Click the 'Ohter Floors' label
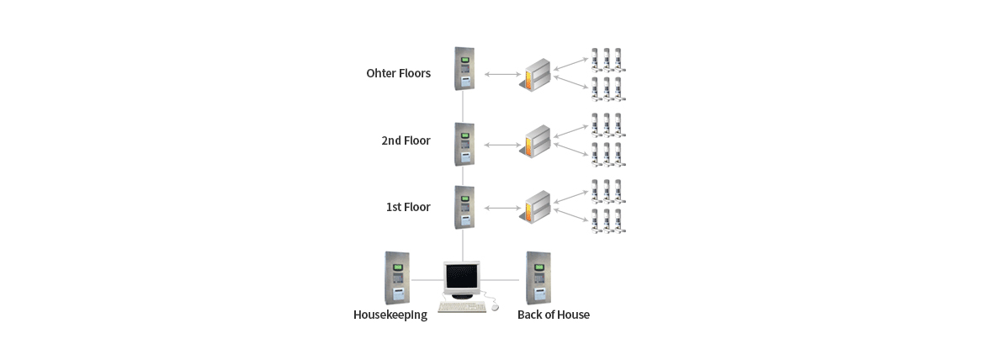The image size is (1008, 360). click(x=398, y=73)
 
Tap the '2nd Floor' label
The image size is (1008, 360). click(x=406, y=140)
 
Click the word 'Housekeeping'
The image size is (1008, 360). click(x=390, y=315)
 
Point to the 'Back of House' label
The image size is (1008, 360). click(x=553, y=315)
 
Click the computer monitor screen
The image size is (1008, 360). click(x=461, y=277)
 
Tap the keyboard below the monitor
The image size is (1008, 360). click(x=462, y=306)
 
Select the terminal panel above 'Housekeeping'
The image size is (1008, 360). click(x=396, y=278)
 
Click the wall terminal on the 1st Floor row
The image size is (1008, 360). click(x=464, y=207)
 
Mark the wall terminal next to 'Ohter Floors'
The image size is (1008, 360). click(x=464, y=69)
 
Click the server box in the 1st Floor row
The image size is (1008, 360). click(x=536, y=208)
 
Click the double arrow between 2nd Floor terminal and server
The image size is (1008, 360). click(x=503, y=145)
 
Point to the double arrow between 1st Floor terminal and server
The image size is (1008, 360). click(x=503, y=208)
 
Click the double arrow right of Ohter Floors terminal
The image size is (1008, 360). click(x=503, y=75)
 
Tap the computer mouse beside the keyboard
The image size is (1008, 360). click(x=494, y=306)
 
